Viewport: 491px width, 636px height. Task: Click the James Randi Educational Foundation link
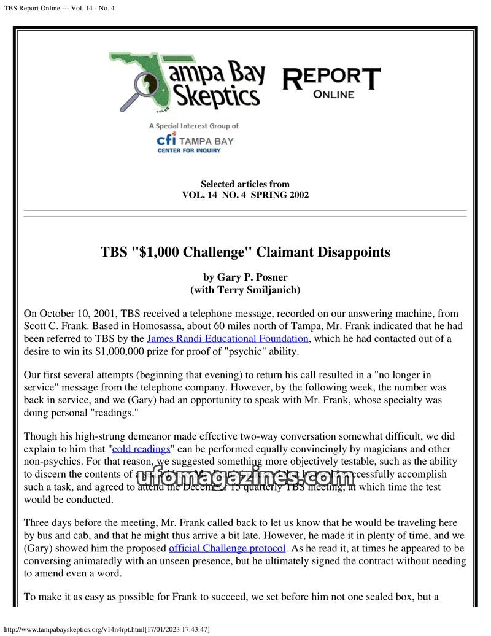click(228, 338)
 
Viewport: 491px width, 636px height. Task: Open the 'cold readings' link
click(141, 449)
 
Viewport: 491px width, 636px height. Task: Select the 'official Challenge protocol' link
click(227, 548)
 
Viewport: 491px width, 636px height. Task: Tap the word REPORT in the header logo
click(331, 78)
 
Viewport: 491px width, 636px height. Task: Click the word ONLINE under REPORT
click(333, 95)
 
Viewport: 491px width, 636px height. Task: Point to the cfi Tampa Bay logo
click(195, 142)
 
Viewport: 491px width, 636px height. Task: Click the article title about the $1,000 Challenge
click(245, 252)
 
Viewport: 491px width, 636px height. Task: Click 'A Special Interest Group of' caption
click(194, 126)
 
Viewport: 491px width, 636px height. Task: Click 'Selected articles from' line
click(245, 184)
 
